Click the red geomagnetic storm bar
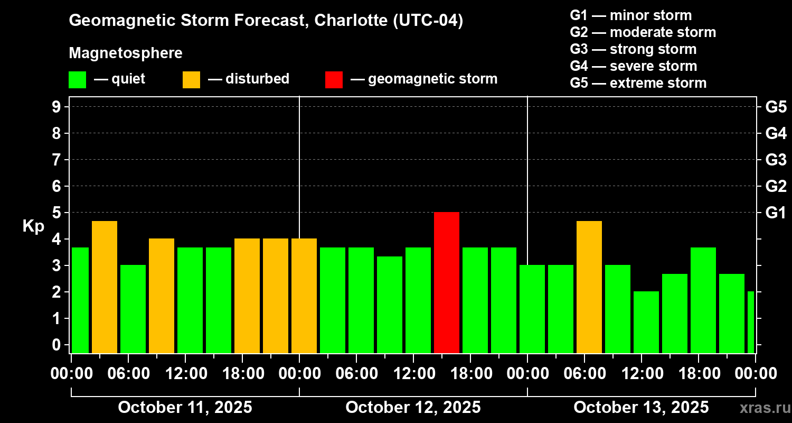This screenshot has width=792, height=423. [x=447, y=282]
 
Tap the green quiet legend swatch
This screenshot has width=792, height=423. [x=77, y=79]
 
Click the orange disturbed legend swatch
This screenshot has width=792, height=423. [x=191, y=79]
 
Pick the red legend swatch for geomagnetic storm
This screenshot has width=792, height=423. [x=334, y=79]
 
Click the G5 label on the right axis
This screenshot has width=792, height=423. [x=776, y=107]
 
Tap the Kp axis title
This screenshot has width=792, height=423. [x=33, y=226]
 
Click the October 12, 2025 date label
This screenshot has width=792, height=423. [x=413, y=407]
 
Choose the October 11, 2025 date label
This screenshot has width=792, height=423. [x=185, y=407]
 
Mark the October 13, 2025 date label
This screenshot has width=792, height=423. [x=641, y=407]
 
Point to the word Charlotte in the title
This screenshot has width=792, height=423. [x=351, y=21]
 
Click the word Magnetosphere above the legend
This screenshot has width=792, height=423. [x=126, y=53]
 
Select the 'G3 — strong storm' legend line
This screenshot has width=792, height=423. [x=633, y=49]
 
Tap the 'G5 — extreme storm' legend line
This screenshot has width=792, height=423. [x=638, y=83]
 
